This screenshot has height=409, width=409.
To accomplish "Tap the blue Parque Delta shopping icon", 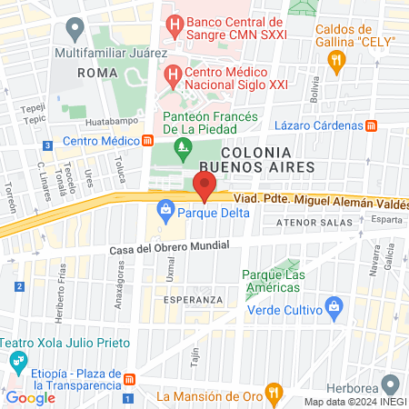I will point(165,214).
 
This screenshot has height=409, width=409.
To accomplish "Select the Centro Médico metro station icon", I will point(147,141).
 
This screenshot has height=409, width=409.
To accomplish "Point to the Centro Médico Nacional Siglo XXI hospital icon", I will point(170,75).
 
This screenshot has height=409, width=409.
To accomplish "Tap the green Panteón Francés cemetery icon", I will point(185,145).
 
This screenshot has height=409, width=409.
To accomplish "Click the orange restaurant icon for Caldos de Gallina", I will point(337,62).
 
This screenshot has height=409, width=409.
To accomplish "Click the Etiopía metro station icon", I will point(130,379).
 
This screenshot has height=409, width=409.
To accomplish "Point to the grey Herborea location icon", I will point(390,384).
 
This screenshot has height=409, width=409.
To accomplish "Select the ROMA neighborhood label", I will point(98,72).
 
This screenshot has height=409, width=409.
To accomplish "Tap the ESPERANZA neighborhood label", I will point(193,299).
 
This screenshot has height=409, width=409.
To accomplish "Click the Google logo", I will point(30,397).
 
